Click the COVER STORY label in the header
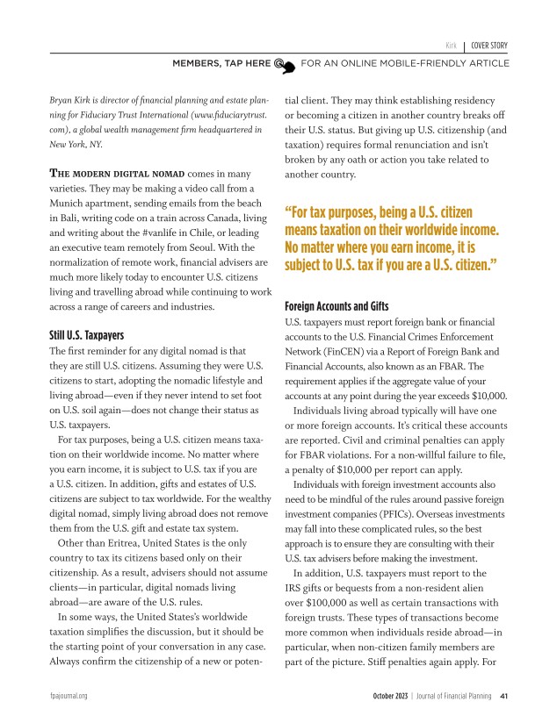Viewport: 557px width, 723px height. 489,46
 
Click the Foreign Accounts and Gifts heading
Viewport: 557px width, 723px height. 336,308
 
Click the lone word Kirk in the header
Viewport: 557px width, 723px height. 450,46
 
